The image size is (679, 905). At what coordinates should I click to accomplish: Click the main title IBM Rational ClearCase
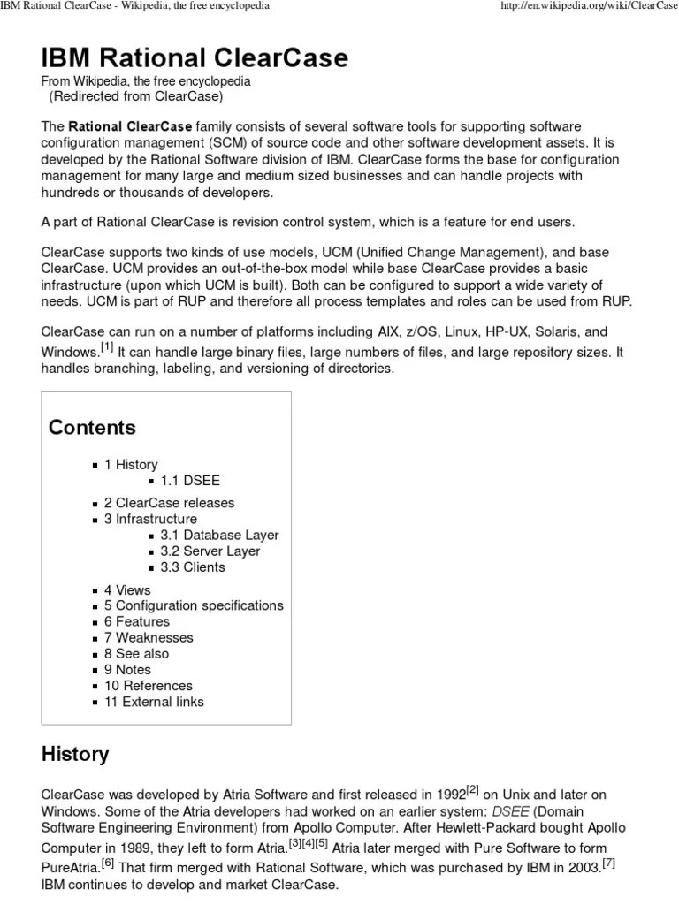195,57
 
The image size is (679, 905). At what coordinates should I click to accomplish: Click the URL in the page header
585,7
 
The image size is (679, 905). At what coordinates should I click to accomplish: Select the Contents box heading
92,428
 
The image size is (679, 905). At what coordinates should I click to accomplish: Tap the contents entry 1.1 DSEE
190,481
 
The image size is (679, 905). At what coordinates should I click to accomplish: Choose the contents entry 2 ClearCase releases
169,503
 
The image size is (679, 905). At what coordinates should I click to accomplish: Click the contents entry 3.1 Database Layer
219,535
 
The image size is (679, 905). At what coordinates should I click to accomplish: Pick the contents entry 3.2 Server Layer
210,551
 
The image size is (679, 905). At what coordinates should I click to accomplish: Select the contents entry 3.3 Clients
193,567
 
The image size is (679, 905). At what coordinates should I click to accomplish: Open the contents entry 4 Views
127,589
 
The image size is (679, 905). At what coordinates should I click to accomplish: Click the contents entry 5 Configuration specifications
194,605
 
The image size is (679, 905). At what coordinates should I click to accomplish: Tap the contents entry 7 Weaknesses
148,637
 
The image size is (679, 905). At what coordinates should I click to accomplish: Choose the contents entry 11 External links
154,702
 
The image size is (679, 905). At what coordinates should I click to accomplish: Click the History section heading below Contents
75,754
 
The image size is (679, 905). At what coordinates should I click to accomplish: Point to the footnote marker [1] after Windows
107,346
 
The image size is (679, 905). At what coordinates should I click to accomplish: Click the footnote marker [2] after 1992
472,789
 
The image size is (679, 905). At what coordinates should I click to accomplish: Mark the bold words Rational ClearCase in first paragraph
130,126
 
